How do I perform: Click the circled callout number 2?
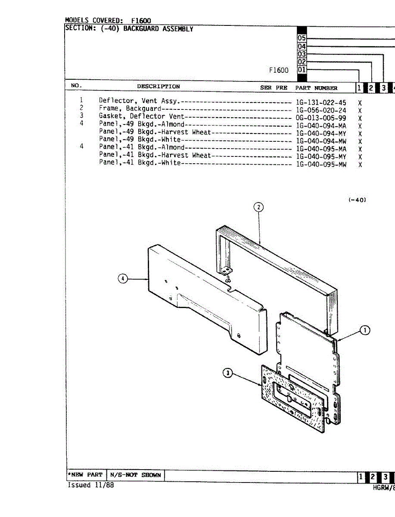[x=258, y=207]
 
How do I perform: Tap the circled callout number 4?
[x=123, y=279]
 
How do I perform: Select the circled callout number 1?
[x=364, y=330]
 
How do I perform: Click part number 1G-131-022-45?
[x=321, y=102]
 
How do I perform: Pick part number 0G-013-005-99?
[x=321, y=117]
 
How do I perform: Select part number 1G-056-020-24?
[x=321, y=110]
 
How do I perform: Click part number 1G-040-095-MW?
[x=321, y=164]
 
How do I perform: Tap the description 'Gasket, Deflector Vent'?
[x=141, y=116]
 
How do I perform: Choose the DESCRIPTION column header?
[x=159, y=87]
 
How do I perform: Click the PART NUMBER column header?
[x=316, y=88]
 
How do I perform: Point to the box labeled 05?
[x=302, y=38]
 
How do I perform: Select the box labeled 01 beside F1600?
[x=302, y=69]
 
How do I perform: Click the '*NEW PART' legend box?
[x=85, y=475]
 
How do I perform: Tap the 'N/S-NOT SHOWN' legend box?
[x=135, y=475]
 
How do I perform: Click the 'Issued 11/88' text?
[x=90, y=485]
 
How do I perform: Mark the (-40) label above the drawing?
[x=357, y=200]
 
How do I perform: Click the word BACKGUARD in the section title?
[x=141, y=29]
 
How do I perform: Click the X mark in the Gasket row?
[x=360, y=118]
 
